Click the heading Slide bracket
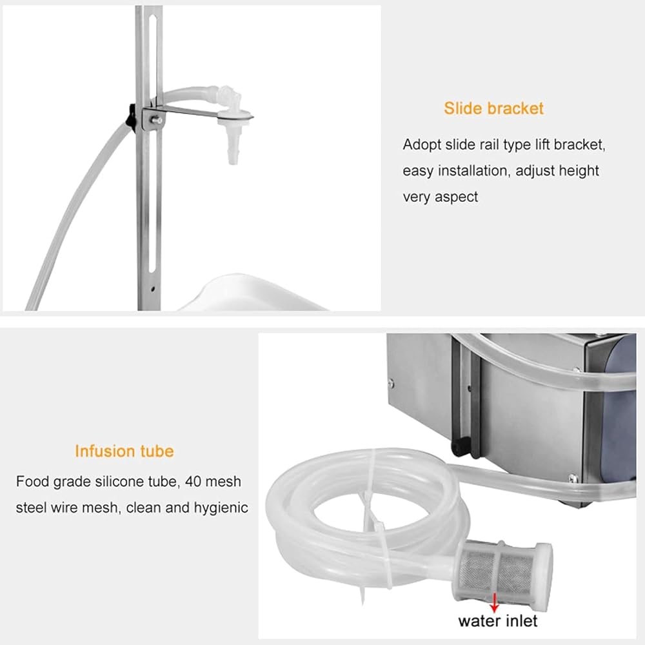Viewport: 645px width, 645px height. (493, 108)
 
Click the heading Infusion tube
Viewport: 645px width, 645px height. (124, 451)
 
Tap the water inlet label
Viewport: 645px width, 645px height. (498, 620)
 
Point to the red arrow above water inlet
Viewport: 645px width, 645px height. (495, 602)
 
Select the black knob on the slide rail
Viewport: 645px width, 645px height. (132, 115)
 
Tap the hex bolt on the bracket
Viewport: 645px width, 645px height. (157, 120)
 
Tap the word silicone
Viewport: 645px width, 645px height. (120, 481)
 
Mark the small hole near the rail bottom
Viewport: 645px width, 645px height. (153, 289)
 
